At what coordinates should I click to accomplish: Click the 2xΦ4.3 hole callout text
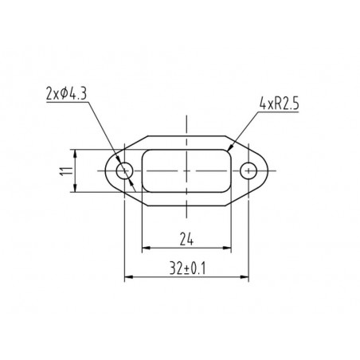click(x=66, y=93)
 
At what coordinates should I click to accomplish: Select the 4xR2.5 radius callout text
click(x=280, y=104)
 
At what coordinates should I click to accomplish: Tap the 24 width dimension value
click(x=186, y=238)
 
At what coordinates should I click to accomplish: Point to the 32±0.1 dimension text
click(x=187, y=268)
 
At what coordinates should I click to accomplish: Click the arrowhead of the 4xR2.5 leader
click(x=230, y=147)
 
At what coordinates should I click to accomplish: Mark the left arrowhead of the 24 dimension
click(x=147, y=248)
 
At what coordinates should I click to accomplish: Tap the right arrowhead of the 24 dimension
click(x=227, y=248)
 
